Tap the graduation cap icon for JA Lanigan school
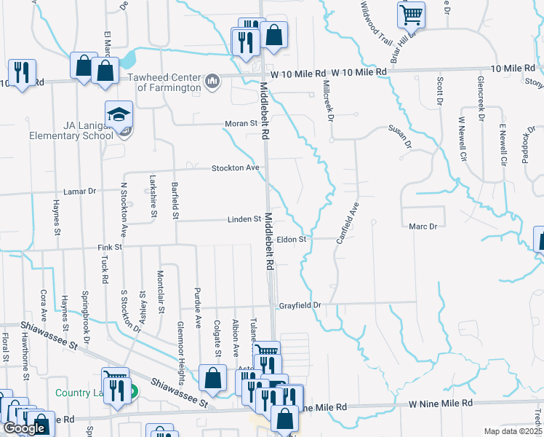point(119,114)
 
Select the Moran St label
point(245,123)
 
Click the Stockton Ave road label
point(236,168)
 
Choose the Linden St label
point(246,219)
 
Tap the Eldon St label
point(292,239)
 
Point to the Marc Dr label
point(423,227)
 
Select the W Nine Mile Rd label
point(440,403)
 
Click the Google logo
point(25,428)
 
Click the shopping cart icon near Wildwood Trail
point(411,14)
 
